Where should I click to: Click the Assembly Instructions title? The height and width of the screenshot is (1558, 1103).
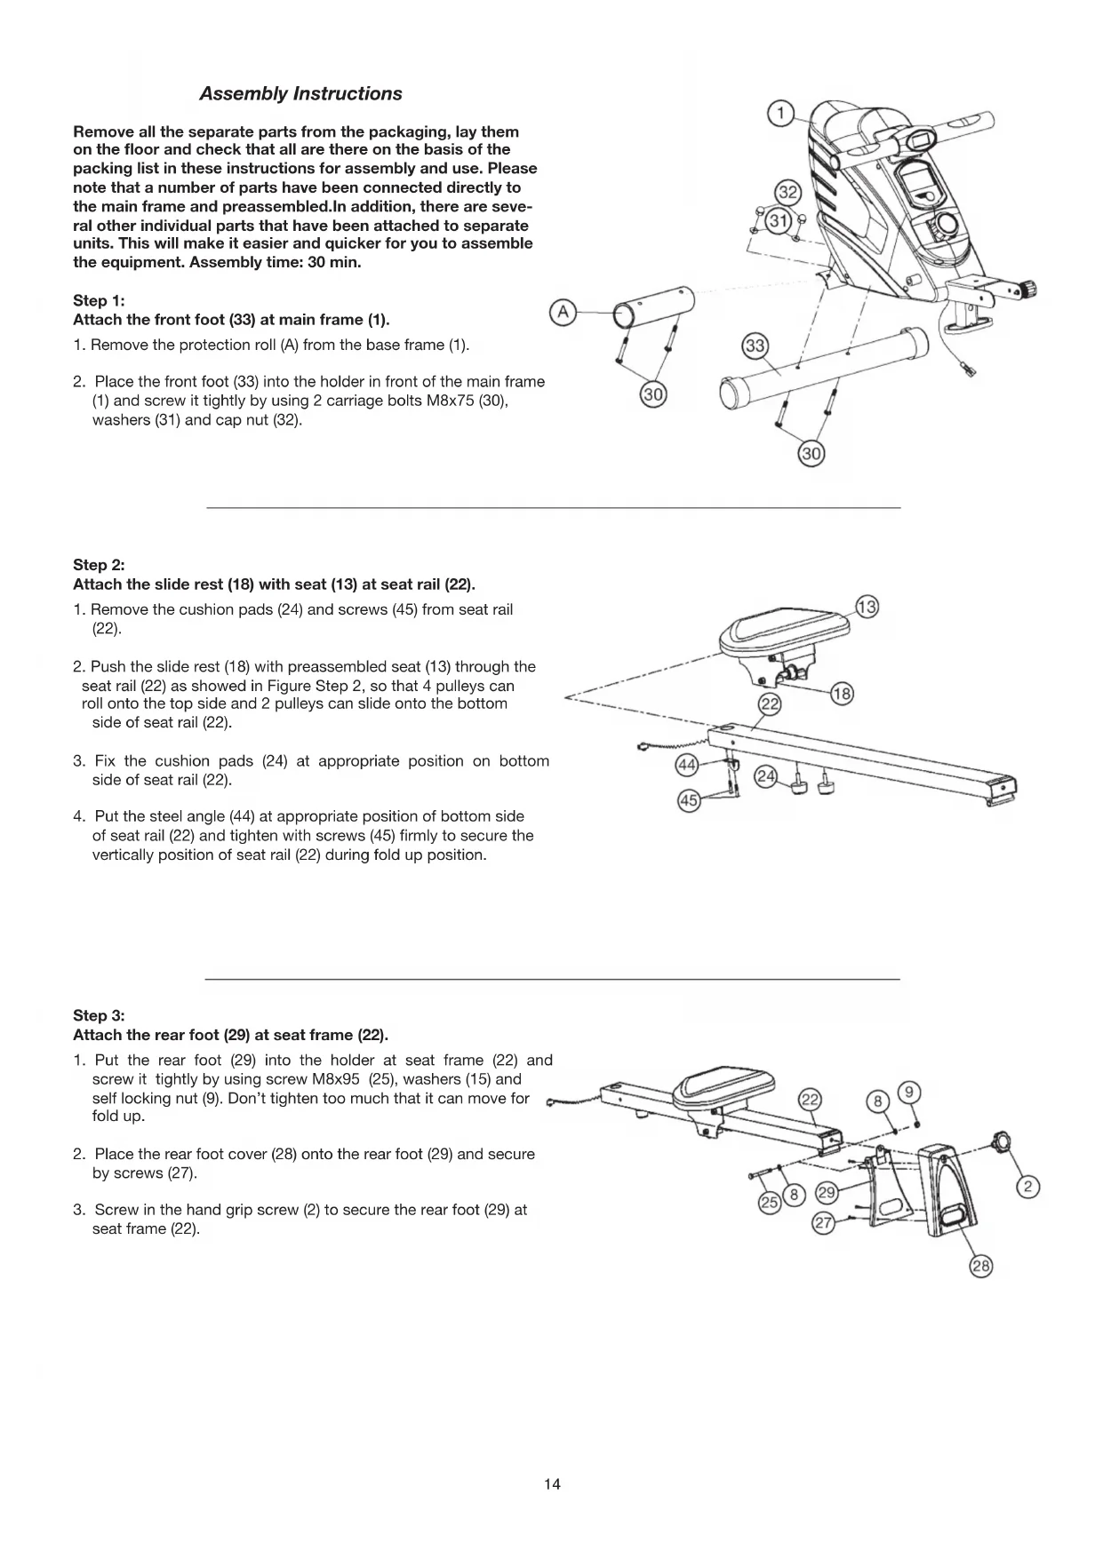pyautogui.click(x=300, y=94)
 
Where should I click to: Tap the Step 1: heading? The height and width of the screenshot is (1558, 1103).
pyautogui.click(x=99, y=300)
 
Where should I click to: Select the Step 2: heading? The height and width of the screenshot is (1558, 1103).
pyautogui.click(x=99, y=565)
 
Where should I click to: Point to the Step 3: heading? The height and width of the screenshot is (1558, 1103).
pyautogui.click(x=99, y=1015)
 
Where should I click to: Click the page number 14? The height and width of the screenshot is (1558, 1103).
pyautogui.click(x=552, y=1484)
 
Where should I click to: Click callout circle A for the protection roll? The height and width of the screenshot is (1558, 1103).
pyautogui.click(x=563, y=312)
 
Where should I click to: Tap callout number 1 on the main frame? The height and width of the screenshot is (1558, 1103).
pyautogui.click(x=780, y=114)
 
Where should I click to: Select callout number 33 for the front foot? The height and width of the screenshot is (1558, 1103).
pyautogui.click(x=755, y=346)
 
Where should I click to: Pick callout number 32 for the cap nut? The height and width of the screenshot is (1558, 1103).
pyautogui.click(x=788, y=193)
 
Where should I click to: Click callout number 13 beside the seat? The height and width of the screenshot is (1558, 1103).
pyautogui.click(x=867, y=608)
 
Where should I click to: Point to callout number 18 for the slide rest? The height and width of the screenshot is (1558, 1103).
pyautogui.click(x=842, y=695)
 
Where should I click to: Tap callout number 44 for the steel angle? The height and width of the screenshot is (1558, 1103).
pyautogui.click(x=687, y=765)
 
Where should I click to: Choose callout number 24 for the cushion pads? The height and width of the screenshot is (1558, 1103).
pyautogui.click(x=765, y=777)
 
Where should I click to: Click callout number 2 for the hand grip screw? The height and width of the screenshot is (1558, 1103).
pyautogui.click(x=1027, y=1187)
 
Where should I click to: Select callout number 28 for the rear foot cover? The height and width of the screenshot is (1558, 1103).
pyautogui.click(x=980, y=1267)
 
